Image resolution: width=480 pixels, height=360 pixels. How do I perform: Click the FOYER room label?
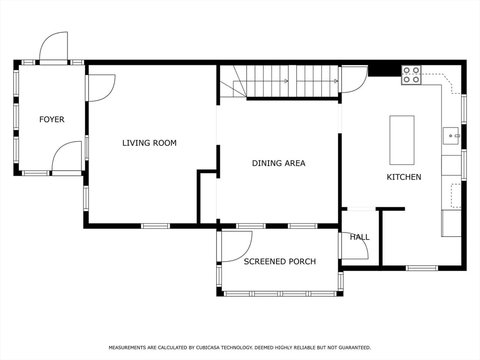pos(52,120)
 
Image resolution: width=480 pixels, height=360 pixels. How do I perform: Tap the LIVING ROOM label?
pos(150,143)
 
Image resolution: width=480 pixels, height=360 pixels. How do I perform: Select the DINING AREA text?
pos(278,163)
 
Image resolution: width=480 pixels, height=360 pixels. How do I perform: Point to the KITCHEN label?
pos(404,177)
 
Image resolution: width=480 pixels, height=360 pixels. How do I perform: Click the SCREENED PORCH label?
pos(280,262)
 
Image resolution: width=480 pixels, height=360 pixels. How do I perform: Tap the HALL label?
pos(360,237)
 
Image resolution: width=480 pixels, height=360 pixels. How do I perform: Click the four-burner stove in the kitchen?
pos(411,75)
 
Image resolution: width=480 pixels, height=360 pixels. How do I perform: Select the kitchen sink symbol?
pos(451,135)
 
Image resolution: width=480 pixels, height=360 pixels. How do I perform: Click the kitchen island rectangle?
pos(402,140)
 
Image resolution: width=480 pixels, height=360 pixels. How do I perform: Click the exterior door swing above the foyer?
pos(53,46)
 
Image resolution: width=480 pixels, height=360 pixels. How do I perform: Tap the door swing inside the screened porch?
pos(236,247)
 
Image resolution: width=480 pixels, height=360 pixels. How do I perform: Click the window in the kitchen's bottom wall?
pos(422,268)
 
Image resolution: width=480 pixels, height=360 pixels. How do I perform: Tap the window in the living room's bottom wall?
pos(156,226)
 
